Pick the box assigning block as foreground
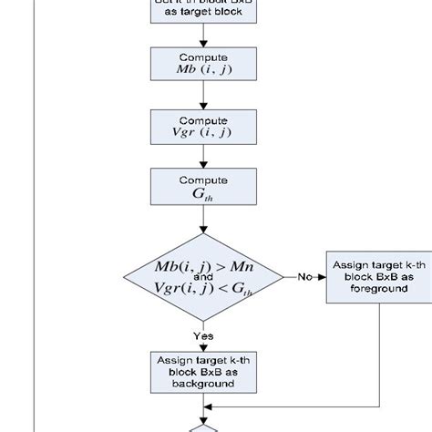pyautogui.click(x=365, y=275)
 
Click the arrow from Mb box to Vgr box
pyautogui.click(x=202, y=98)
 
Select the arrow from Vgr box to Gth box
pyautogui.click(x=202, y=157)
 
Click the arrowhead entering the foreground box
pyautogui.click(x=322, y=275)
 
